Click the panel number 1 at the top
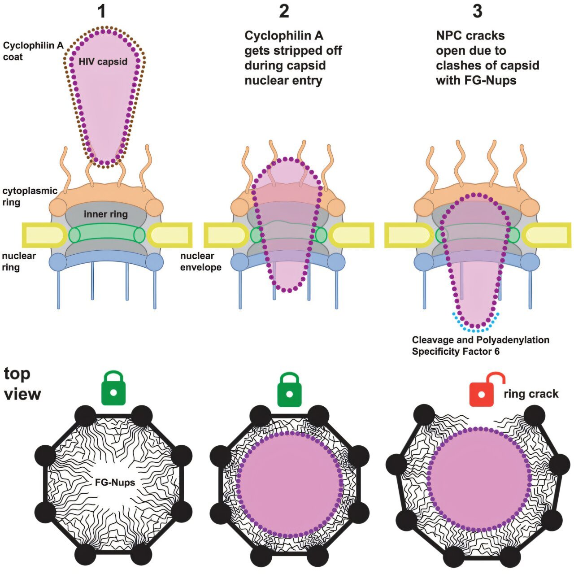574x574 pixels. coord(102,12)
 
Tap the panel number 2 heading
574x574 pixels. coord(284,11)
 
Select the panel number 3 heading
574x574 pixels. coord(477,11)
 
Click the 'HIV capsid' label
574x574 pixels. coord(103,61)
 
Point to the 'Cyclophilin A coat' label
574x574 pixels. coord(33,51)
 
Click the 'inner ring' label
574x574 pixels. coord(106,214)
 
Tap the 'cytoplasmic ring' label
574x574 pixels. coord(30,196)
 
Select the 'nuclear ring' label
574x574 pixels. coord(19,261)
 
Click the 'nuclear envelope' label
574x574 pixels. coord(201,261)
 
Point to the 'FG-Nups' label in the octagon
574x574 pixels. coord(115,482)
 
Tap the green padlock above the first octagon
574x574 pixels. coord(113,387)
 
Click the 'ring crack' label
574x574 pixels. coord(531,394)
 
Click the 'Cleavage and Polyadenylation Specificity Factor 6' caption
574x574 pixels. coord(480,346)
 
